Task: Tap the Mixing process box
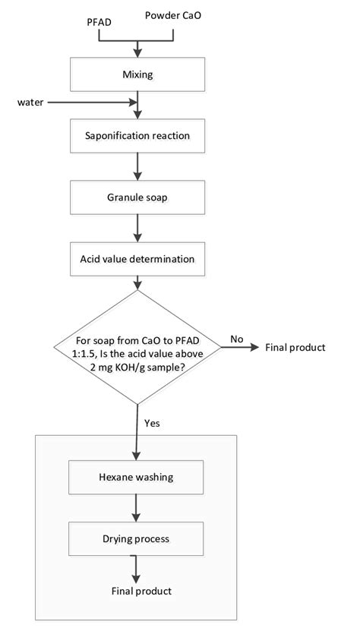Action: tap(137, 75)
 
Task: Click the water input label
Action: tap(31, 101)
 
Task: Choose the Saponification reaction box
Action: tap(137, 137)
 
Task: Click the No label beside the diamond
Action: tap(237, 339)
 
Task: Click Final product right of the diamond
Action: tap(295, 348)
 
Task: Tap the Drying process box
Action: tap(137, 539)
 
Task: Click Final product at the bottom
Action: tap(141, 591)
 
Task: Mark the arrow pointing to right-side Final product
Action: tap(239, 348)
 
